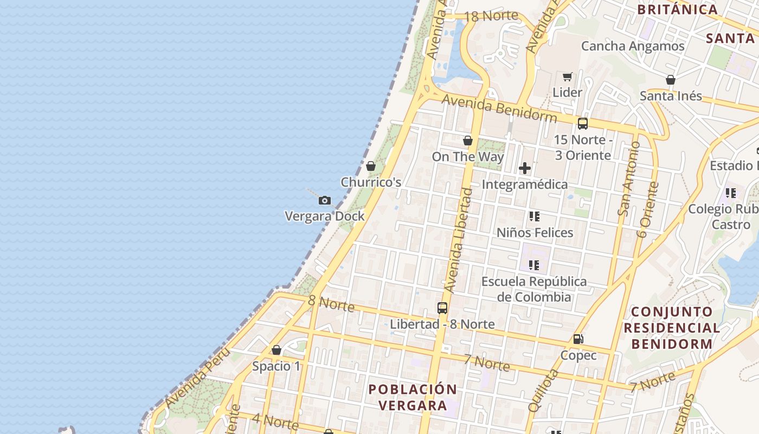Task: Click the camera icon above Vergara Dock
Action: tap(324, 201)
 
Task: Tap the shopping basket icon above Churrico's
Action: tap(371, 166)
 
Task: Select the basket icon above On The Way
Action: tap(468, 141)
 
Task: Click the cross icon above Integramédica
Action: tap(525, 168)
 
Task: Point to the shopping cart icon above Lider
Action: tap(567, 77)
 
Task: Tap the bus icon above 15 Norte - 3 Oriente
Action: tap(583, 124)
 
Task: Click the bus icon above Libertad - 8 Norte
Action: tap(442, 308)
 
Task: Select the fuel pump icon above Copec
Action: tap(578, 339)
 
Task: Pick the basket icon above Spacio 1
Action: tap(276, 350)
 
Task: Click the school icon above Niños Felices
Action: tap(535, 216)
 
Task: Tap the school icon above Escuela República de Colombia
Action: tap(534, 265)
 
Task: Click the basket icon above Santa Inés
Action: tap(671, 80)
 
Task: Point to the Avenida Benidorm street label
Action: tap(499, 108)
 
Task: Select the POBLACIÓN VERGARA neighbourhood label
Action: tap(413, 397)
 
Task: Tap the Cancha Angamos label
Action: tap(633, 46)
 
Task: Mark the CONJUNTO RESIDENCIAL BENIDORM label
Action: tap(672, 328)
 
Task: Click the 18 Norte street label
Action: tap(491, 16)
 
